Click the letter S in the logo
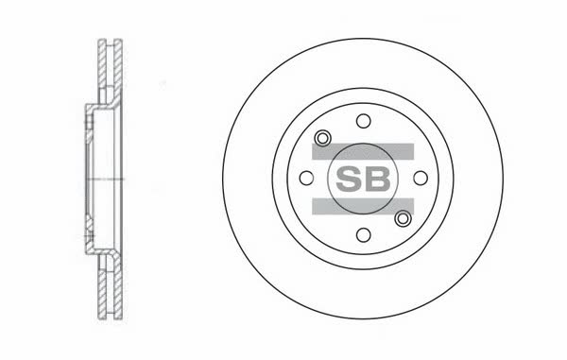(x=349, y=179)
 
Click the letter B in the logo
(x=378, y=179)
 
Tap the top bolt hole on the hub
(x=364, y=121)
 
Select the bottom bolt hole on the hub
(x=364, y=235)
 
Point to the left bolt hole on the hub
(x=306, y=178)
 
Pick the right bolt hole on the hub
(x=421, y=178)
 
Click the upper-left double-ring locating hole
(x=322, y=138)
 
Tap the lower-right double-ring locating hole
(x=403, y=218)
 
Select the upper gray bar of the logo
(x=363, y=151)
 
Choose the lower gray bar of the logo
(x=363, y=206)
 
